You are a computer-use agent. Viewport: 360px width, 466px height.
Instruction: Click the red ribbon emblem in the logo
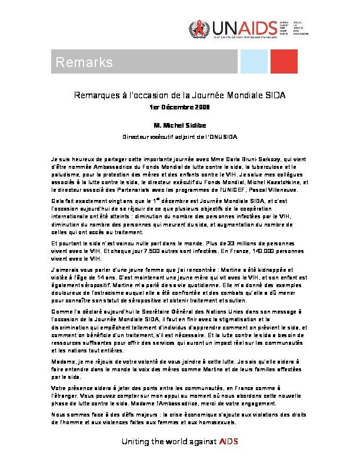tap(198, 28)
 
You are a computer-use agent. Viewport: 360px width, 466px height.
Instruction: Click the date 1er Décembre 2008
tap(180, 108)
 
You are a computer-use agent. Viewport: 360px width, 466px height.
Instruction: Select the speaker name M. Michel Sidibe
tap(179, 125)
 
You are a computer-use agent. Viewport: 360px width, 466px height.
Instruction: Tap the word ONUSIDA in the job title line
tap(222, 137)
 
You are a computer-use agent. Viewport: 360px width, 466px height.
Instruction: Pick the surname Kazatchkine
tap(271, 182)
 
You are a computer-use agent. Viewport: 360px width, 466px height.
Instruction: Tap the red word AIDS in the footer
tap(228, 442)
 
